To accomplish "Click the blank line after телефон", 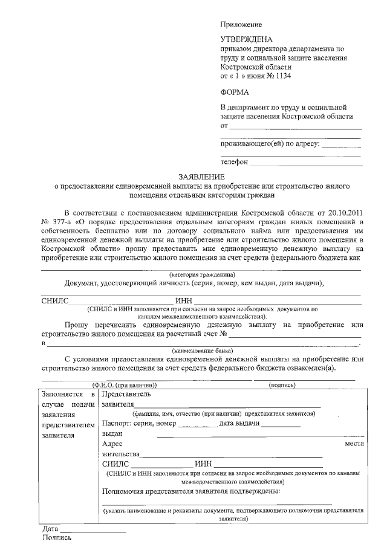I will (x=305, y=163).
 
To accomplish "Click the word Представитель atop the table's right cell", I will (x=131, y=393).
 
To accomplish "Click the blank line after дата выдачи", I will (x=281, y=425).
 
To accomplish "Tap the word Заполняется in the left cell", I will (x=62, y=393).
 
